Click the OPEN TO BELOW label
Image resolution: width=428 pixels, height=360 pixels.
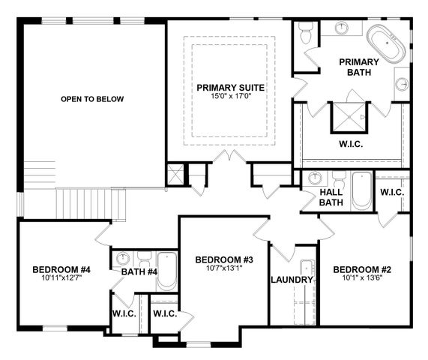92,99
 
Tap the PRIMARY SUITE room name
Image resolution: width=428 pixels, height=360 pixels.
231,88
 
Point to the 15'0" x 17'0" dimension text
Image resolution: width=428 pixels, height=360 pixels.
231,97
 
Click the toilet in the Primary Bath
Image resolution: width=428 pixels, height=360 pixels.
305,32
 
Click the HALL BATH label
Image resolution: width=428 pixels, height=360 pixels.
331,197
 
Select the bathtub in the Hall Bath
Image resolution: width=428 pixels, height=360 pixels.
361,190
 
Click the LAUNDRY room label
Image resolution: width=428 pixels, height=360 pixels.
291,280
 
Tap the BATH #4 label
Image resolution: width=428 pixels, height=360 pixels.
139,271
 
